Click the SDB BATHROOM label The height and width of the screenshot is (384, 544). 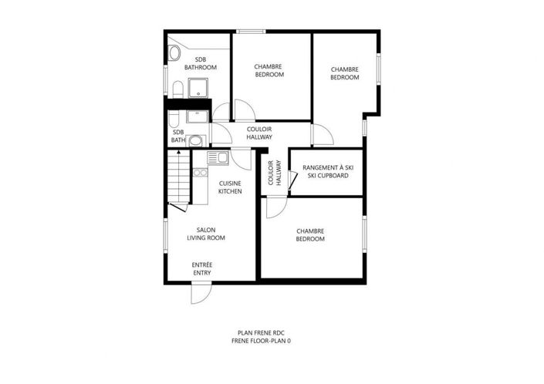tap(205, 64)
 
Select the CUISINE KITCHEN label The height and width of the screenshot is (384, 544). tap(230, 187)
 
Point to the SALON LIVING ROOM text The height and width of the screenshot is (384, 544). tap(206, 234)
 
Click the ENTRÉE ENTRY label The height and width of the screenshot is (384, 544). tap(203, 269)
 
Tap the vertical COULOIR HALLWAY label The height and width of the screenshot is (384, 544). tap(272, 173)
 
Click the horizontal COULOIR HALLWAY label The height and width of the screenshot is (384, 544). tap(259, 133)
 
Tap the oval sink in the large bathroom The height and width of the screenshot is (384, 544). tap(174, 53)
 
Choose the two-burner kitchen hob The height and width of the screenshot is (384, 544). tap(200, 173)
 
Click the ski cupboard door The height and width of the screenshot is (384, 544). tap(292, 180)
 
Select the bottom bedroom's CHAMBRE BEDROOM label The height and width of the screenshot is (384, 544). tap(309, 234)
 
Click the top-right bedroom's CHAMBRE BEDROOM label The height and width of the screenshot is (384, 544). tap(345, 73)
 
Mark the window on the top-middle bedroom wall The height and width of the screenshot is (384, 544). tap(248, 32)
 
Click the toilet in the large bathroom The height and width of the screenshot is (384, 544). tap(177, 88)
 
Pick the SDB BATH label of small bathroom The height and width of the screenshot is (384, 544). tap(178, 136)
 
